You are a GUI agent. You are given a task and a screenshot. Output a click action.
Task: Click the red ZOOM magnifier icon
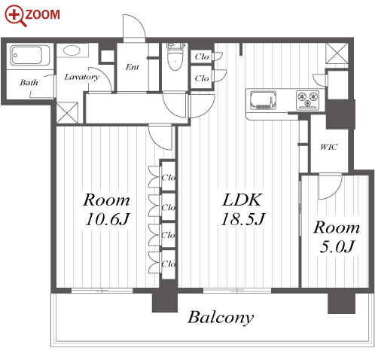(x=15, y=15)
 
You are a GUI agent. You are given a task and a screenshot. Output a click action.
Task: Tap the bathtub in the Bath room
(x=30, y=55)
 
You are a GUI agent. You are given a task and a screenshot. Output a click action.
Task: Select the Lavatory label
(x=81, y=77)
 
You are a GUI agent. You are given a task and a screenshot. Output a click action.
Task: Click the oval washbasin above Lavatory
(x=72, y=50)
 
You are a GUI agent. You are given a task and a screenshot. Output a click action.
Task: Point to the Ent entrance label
(x=133, y=67)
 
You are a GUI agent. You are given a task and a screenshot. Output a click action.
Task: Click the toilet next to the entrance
(x=175, y=56)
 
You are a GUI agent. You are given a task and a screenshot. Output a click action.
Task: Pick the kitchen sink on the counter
(x=263, y=100)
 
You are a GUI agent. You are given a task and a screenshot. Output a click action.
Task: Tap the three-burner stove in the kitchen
(x=308, y=99)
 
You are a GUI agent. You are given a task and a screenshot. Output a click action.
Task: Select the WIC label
(x=329, y=147)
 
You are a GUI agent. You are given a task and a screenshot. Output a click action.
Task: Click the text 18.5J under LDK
(x=243, y=219)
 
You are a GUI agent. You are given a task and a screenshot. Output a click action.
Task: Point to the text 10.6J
(x=108, y=219)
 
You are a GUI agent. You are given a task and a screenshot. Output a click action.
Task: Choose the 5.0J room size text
(x=337, y=246)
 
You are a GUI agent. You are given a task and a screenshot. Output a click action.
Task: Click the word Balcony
(x=221, y=318)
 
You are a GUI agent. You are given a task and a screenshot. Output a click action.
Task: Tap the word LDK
(x=242, y=200)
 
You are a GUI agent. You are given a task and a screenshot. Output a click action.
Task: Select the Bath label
(x=29, y=83)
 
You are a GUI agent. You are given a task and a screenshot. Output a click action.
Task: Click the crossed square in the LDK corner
(x=337, y=53)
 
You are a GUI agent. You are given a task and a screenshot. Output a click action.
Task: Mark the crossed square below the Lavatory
(x=67, y=113)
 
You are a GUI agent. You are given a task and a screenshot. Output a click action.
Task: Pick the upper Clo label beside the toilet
(x=202, y=56)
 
